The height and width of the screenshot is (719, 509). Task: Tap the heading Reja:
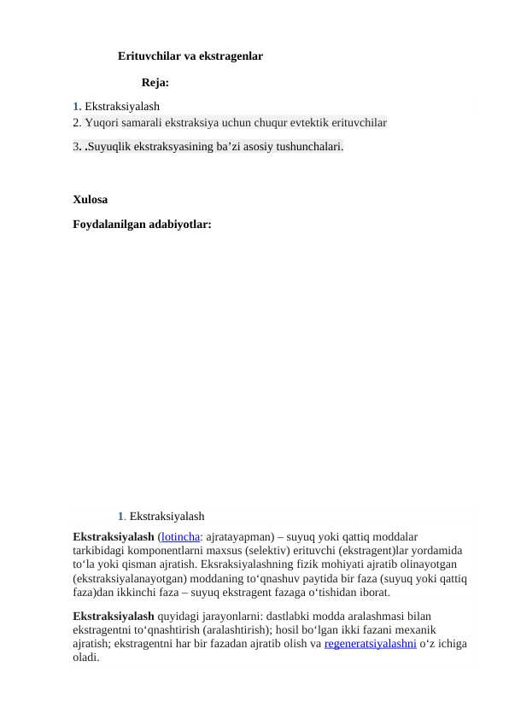[x=155, y=84]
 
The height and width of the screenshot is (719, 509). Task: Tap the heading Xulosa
[x=91, y=200]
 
